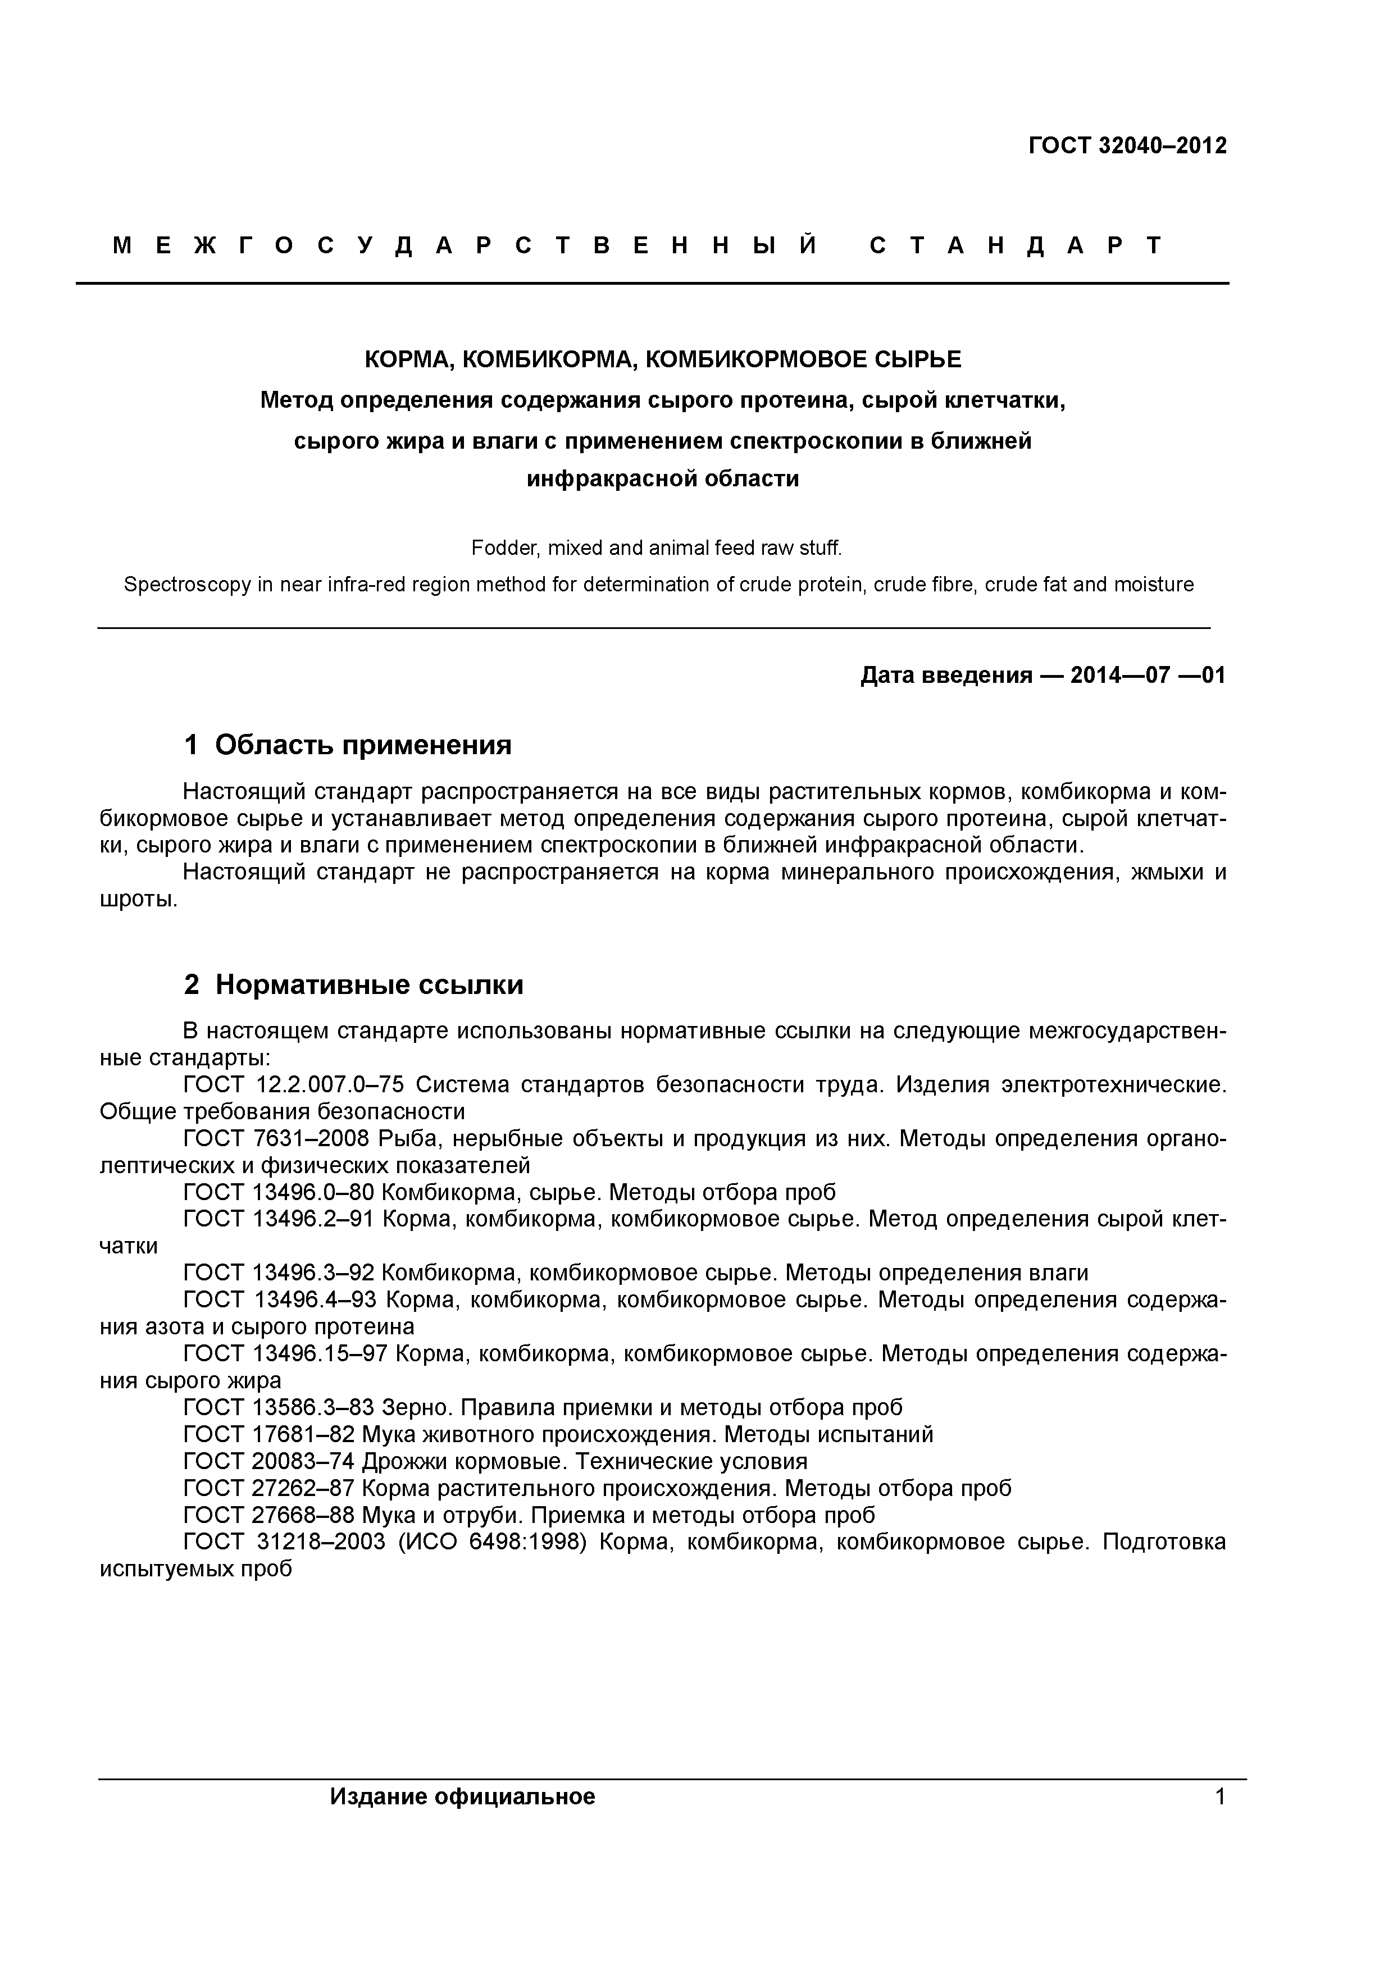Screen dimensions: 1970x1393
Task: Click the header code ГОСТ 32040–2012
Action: tap(1127, 146)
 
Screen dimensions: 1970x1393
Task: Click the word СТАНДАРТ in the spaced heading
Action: tap(1016, 246)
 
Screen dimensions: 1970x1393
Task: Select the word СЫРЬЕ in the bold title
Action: tap(918, 359)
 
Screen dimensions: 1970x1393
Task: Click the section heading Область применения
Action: tap(363, 745)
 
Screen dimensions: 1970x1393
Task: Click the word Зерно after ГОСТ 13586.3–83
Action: tap(416, 1407)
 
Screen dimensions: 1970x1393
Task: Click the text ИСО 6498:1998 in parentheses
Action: tap(492, 1542)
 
